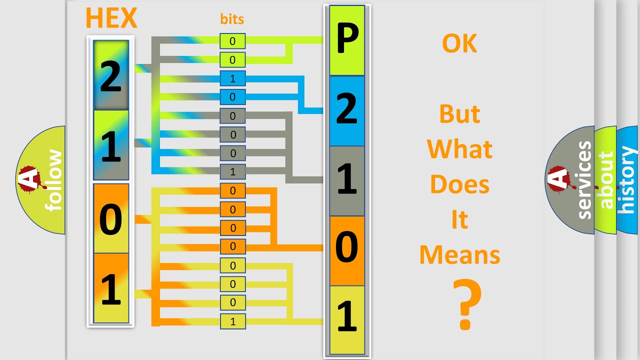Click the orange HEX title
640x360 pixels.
(111, 18)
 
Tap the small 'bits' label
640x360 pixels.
(232, 19)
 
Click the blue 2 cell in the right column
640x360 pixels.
(347, 111)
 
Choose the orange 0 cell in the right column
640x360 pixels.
(347, 250)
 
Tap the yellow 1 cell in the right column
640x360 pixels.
(347, 318)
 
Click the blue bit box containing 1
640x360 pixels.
(232, 78)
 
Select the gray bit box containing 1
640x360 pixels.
(232, 172)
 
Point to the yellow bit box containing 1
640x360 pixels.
(232, 321)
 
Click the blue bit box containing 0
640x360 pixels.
(232, 97)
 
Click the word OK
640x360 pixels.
(459, 44)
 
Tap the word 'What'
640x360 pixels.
(459, 149)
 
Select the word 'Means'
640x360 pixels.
(459, 255)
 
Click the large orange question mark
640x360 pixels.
(466, 305)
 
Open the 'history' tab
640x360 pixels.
(627, 180)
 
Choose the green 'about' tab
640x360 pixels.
(605, 180)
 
